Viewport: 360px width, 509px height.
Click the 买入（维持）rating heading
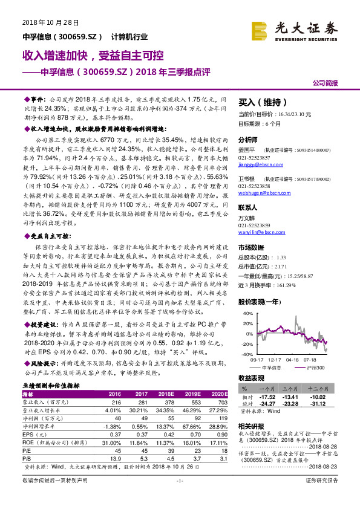click(261, 102)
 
